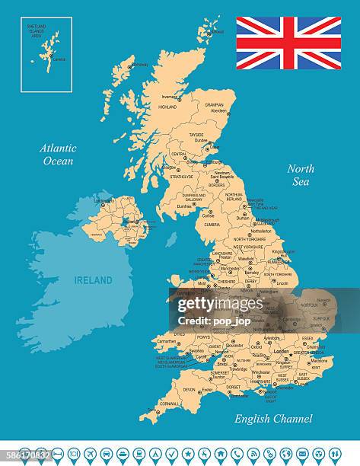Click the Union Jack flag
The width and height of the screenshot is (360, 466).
click(288, 43)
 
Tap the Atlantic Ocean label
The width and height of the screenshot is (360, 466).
click(58, 155)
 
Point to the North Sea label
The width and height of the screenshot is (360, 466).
click(301, 174)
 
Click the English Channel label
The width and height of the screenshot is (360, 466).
click(273, 418)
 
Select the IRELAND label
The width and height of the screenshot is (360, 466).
click(93, 280)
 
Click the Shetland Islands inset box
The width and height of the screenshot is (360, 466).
click(46, 54)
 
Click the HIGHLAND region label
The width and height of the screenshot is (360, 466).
click(167, 107)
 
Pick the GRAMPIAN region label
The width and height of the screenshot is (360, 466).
click(214, 104)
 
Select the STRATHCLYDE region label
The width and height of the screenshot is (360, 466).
click(181, 177)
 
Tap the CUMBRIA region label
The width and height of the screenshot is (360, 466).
click(212, 225)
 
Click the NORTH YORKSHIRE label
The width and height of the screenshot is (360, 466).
click(250, 239)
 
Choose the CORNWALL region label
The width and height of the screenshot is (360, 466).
click(170, 404)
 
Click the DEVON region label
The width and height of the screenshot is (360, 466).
click(189, 390)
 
